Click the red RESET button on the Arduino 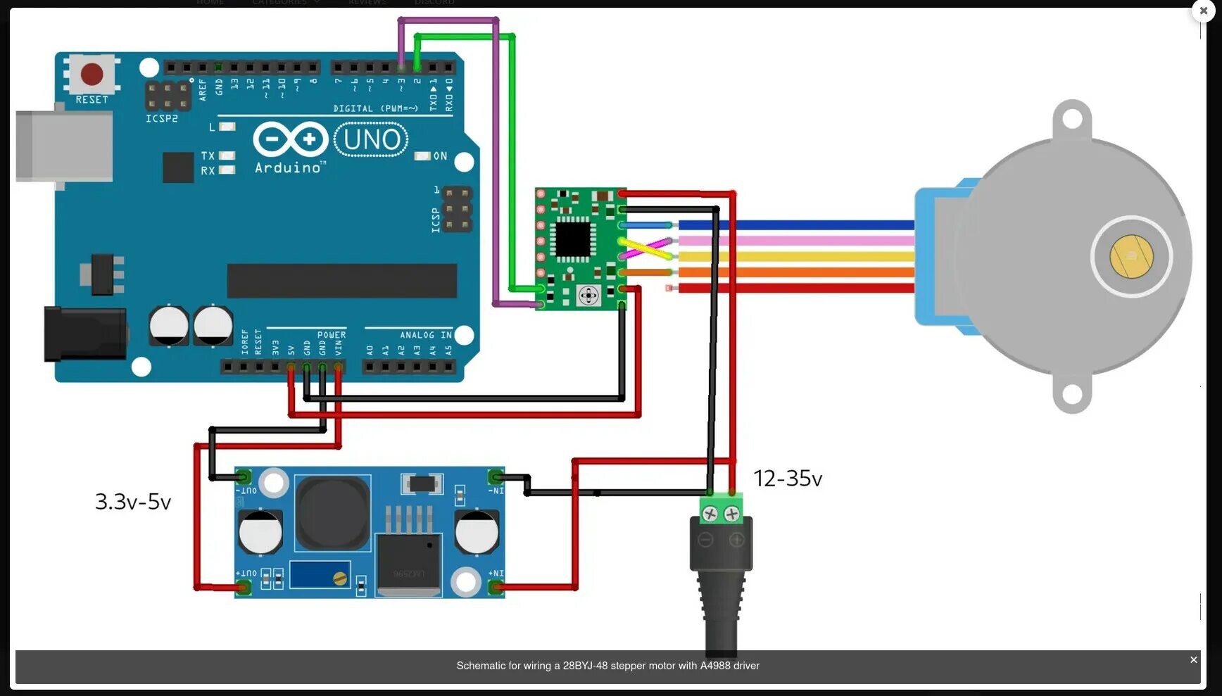(92, 74)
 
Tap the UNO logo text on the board (371, 139)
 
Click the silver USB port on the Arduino (64, 146)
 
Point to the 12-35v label (787, 479)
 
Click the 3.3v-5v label (133, 502)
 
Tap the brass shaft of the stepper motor (1131, 256)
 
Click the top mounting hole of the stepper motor (1072, 118)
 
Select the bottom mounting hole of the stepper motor (1072, 393)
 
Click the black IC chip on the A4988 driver (573, 239)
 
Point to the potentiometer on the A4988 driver (588, 295)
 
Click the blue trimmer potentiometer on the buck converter (320, 575)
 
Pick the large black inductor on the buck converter (332, 513)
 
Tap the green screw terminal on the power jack (721, 513)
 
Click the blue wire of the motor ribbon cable (795, 225)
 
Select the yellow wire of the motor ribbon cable (795, 256)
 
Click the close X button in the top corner (1203, 11)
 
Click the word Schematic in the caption (481, 666)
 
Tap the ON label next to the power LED (440, 156)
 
